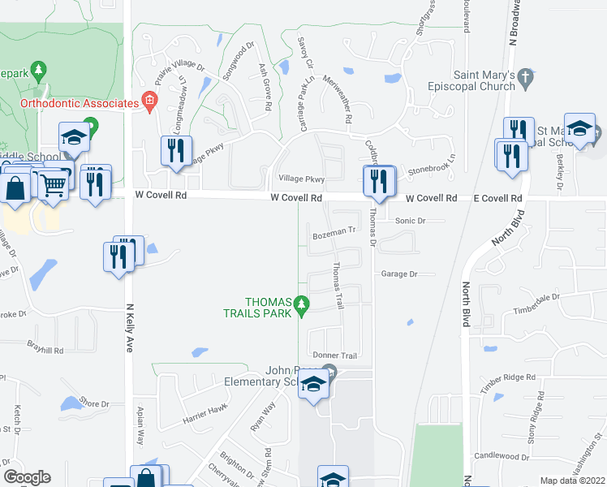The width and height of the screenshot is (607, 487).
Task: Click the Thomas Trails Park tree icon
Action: pyautogui.click(x=302, y=305)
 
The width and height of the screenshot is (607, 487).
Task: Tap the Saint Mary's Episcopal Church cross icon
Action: pyautogui.click(x=525, y=78)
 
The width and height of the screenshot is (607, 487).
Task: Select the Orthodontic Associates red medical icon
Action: pyautogui.click(x=149, y=102)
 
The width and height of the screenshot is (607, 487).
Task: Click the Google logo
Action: pyautogui.click(x=27, y=477)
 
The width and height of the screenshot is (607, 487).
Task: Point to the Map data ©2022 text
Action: pyautogui.click(x=572, y=481)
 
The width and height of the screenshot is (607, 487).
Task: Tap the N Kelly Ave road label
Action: pyautogui.click(x=128, y=321)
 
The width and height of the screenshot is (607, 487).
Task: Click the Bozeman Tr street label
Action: pyautogui.click(x=334, y=231)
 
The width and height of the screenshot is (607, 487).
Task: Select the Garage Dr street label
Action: pyautogui.click(x=398, y=274)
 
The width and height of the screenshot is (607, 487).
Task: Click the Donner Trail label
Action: pyautogui.click(x=335, y=356)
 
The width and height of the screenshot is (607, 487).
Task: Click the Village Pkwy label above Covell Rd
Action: pyautogui.click(x=301, y=179)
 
